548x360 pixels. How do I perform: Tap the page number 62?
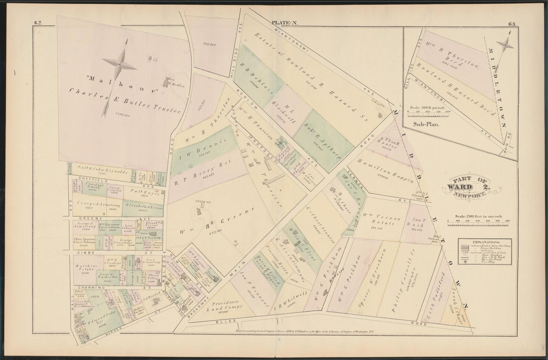(x=38, y=22)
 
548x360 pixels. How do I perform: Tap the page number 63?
(x=513, y=23)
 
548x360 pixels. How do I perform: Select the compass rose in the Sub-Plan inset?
(x=506, y=45)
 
